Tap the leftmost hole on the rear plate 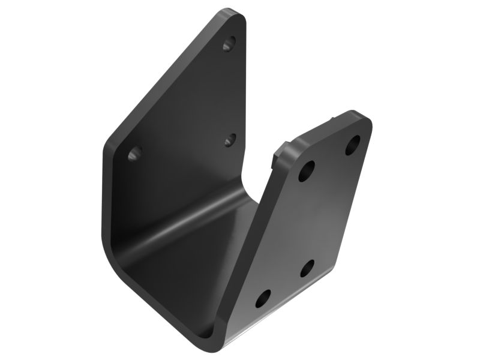(x=135, y=153)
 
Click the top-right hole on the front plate (x=353, y=145)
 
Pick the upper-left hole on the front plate (x=306, y=171)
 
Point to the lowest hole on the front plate (x=263, y=298)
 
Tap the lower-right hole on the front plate (x=307, y=268)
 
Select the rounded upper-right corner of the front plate (x=364, y=120)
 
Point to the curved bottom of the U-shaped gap (x=246, y=180)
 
